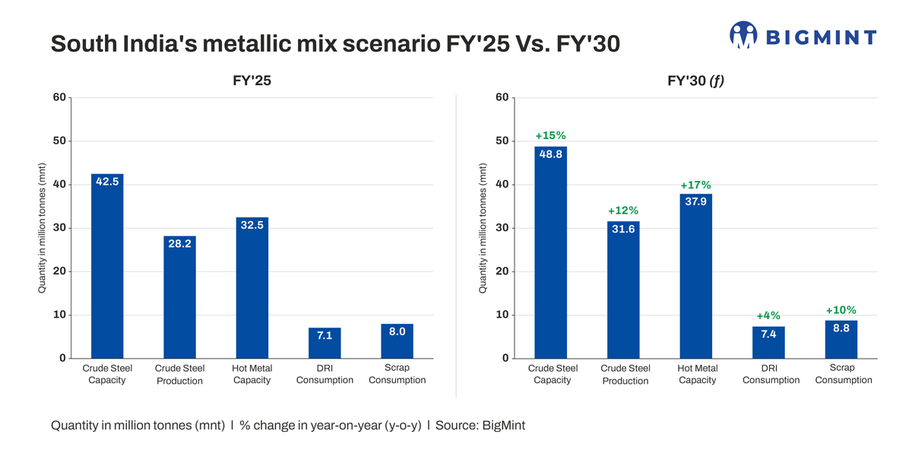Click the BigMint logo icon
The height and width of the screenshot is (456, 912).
(743, 35)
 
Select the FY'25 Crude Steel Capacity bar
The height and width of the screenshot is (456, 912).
(107, 266)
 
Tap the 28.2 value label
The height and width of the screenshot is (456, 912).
(179, 244)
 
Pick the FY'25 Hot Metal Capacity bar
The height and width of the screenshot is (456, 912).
(252, 288)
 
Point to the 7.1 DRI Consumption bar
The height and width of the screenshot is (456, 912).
(325, 344)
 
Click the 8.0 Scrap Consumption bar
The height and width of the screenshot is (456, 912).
(397, 341)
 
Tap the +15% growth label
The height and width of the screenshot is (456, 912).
(550, 136)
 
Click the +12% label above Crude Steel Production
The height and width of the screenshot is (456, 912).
(623, 211)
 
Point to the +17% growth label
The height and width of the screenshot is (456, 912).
(695, 185)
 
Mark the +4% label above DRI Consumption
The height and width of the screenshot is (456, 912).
(768, 315)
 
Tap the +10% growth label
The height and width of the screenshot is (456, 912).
(841, 310)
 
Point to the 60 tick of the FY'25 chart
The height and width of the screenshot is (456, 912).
(59, 97)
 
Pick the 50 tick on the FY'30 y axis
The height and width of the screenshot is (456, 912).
(502, 141)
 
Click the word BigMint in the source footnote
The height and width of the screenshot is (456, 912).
(503, 426)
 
